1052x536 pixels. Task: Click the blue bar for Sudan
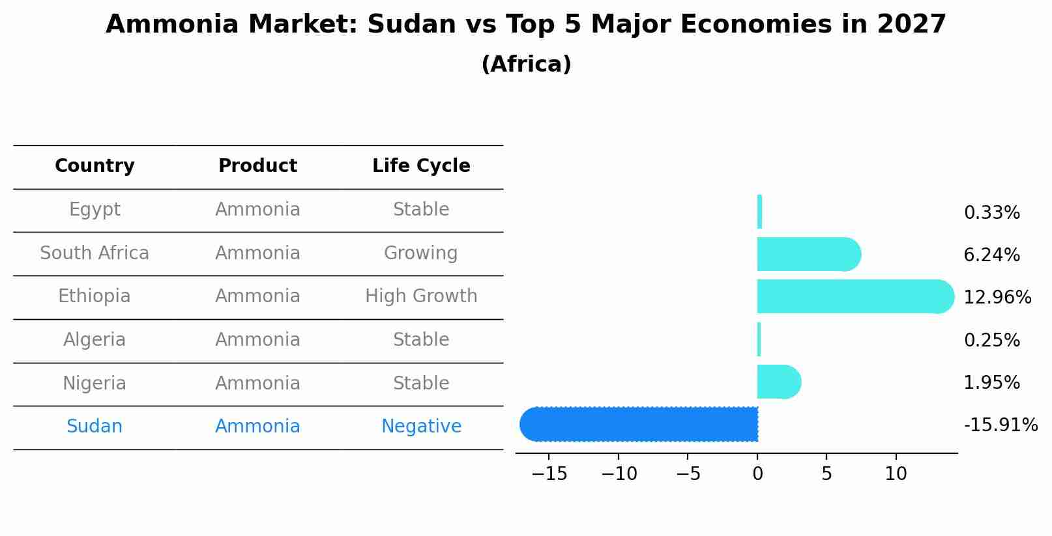[639, 424]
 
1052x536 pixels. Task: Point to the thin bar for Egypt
[759, 212]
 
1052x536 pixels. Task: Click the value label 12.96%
[997, 298]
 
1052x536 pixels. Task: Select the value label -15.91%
[1000, 425]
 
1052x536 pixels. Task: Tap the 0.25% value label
[991, 340]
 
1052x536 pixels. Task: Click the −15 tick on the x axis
[549, 474]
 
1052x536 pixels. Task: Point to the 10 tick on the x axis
[896, 474]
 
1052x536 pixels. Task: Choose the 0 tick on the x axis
[757, 474]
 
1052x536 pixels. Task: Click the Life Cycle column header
[421, 166]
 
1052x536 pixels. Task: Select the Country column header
[95, 166]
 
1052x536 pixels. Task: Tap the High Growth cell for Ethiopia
[421, 296]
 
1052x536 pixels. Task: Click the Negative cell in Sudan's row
[421, 427]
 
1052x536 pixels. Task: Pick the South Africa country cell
[95, 253]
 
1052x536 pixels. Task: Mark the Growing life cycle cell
[420, 253]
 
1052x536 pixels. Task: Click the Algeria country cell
[95, 340]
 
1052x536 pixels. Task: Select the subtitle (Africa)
[526, 64]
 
